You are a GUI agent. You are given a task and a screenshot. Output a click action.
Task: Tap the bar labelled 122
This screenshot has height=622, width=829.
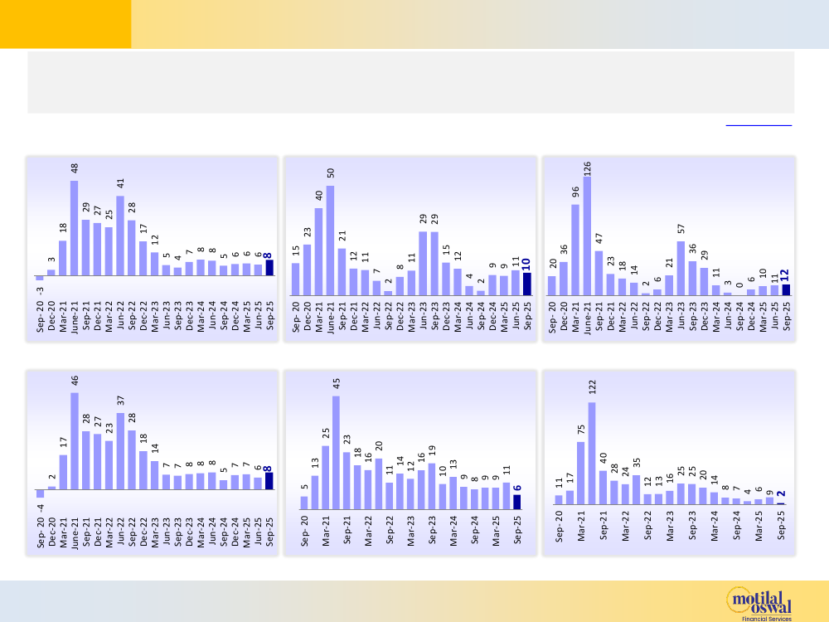point(592,453)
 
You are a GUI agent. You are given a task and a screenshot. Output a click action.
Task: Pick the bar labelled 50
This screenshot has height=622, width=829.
point(330,241)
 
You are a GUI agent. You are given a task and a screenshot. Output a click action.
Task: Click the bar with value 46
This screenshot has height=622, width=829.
point(75,440)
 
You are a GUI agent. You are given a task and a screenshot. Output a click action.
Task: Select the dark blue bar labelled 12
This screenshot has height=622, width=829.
point(785,289)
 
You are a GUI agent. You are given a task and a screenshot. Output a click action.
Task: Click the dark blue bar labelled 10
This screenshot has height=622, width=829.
point(526,284)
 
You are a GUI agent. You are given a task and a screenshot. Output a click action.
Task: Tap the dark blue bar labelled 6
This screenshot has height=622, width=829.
point(516,502)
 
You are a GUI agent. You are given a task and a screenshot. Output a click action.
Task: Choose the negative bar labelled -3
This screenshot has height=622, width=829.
point(39,278)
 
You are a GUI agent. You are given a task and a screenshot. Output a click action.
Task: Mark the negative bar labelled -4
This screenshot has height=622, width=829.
point(40,493)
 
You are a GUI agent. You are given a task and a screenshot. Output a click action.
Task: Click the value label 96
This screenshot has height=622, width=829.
point(575,192)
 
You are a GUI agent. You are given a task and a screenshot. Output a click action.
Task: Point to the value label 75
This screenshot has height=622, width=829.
point(581,430)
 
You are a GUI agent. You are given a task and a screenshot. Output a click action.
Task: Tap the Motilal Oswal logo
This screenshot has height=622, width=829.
point(759,598)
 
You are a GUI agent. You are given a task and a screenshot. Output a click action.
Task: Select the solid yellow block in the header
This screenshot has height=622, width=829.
point(65,24)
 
